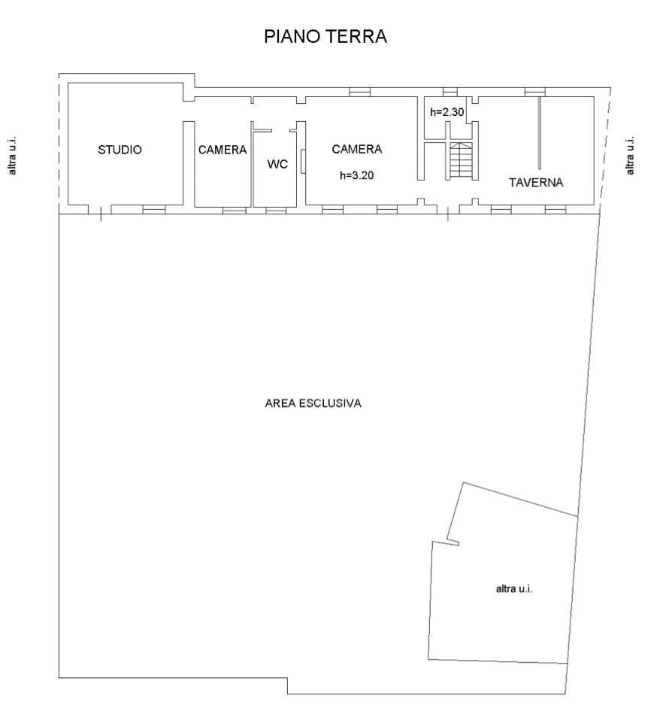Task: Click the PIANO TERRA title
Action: (x=325, y=37)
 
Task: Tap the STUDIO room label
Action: (x=120, y=150)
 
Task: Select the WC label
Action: (x=277, y=164)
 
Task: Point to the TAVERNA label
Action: (x=536, y=182)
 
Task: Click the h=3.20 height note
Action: (x=356, y=175)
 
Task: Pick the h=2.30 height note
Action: (x=447, y=112)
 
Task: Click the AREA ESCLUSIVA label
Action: (x=313, y=403)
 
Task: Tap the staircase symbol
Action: (x=462, y=160)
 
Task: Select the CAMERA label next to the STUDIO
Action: (x=222, y=150)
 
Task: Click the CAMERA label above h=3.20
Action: (x=356, y=149)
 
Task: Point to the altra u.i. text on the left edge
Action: (x=12, y=156)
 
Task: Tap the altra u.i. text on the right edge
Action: (x=630, y=156)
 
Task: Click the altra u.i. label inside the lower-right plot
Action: (x=514, y=588)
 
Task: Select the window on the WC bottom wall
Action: (x=276, y=209)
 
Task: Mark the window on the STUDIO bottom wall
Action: (x=154, y=209)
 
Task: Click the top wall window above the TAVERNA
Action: (x=534, y=92)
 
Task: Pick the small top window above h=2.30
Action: (x=450, y=92)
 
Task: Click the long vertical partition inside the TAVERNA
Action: (x=539, y=132)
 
